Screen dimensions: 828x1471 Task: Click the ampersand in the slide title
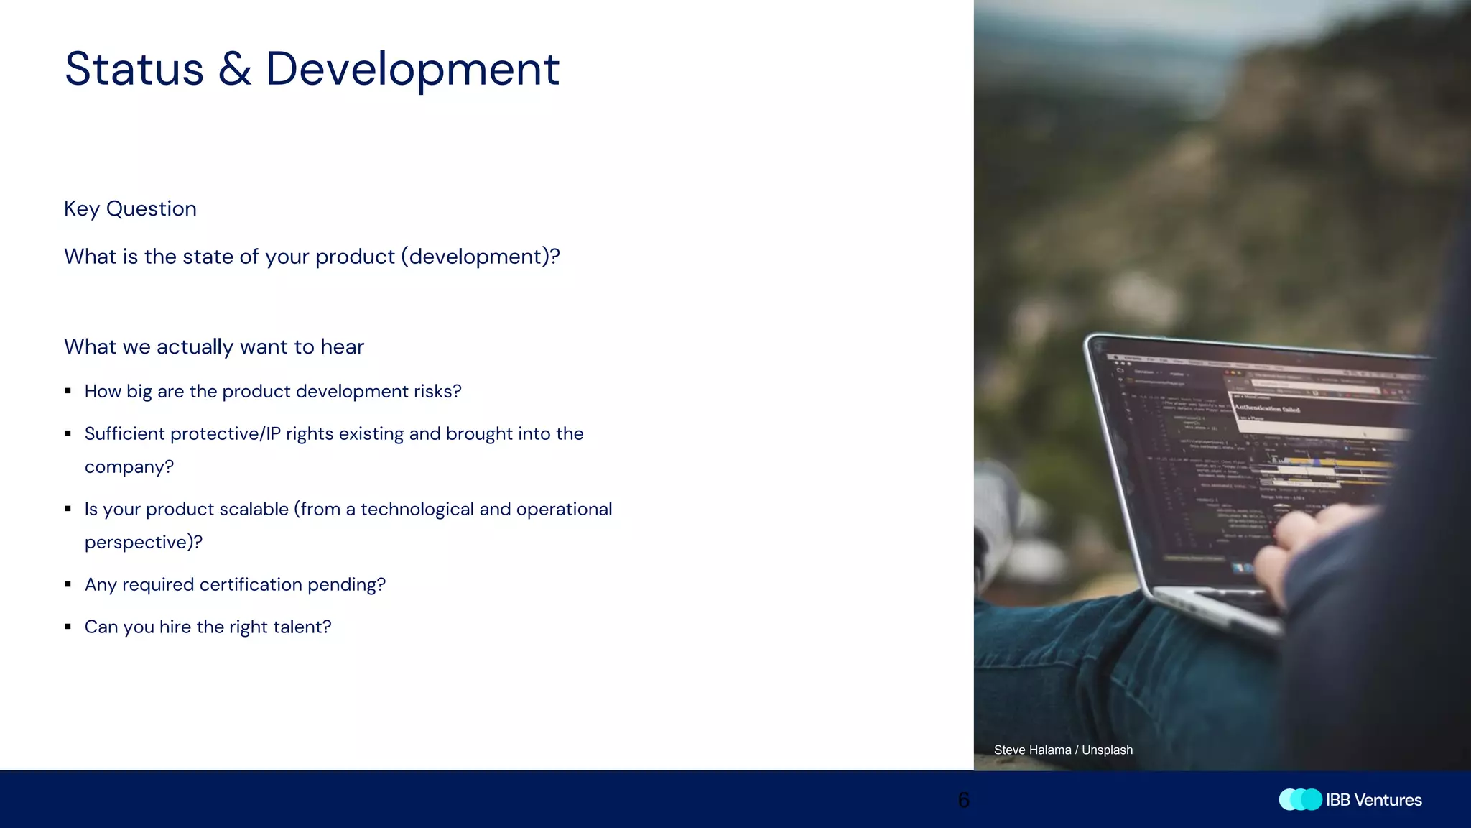[x=235, y=70]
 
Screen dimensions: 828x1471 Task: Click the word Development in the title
[x=412, y=70]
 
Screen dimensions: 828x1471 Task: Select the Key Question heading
[x=130, y=208]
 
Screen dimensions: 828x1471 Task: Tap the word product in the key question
[x=355, y=257]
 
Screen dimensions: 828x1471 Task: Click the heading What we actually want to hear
[x=214, y=346]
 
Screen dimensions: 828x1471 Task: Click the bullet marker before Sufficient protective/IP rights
[x=68, y=433]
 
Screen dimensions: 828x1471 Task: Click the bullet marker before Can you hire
[x=68, y=627]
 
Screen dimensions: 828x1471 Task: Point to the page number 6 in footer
[x=964, y=800]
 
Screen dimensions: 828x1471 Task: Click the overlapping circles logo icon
[x=1300, y=800]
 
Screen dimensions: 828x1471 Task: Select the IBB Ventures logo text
[x=1373, y=800]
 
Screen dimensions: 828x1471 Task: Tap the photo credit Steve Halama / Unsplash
[x=1063, y=750]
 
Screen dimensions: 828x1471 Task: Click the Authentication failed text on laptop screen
[x=1267, y=408]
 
